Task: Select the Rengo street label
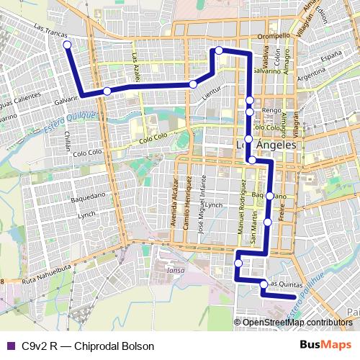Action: click(271, 110)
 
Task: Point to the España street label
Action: click(330, 55)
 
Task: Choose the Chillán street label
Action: click(68, 141)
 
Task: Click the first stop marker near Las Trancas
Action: click(67, 45)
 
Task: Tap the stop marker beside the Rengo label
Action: click(249, 112)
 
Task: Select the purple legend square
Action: click(10, 346)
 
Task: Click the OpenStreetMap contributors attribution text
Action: click(297, 322)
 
